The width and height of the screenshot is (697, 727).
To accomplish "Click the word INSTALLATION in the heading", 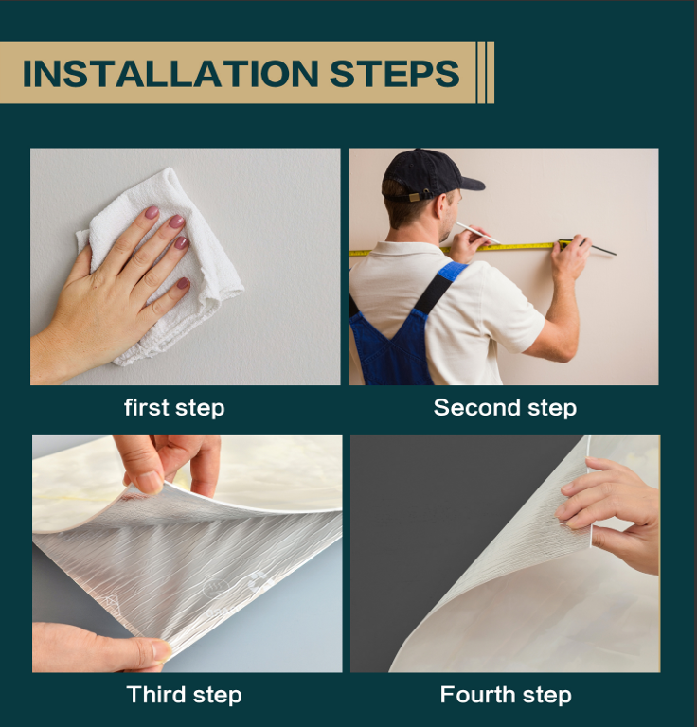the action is pos(170,73).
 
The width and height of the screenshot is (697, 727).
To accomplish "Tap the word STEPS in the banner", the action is pos(394,73).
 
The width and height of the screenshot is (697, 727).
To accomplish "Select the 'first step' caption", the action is pos(174,408).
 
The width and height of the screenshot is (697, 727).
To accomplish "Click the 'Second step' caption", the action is pos(505,408).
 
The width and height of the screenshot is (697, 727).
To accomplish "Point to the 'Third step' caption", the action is pos(184,695).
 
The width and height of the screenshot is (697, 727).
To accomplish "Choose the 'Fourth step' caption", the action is pos(506,695).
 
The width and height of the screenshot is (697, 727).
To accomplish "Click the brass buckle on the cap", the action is pos(414,197).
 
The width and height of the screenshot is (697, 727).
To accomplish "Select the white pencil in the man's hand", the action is pos(477,233).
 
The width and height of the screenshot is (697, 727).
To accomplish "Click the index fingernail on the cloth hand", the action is pos(152,212).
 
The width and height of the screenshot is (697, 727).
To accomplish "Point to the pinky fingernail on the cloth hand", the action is pos(183,283).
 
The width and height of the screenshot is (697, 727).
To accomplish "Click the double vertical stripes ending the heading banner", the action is pos(486,72).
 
